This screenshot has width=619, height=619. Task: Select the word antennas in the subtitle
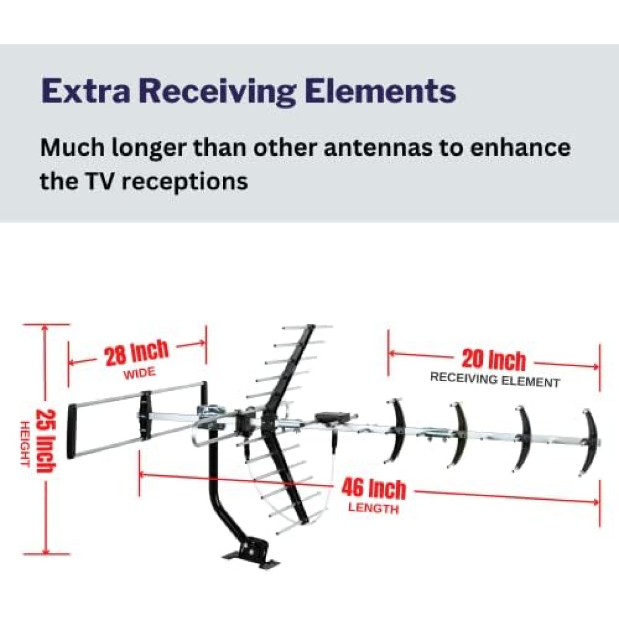379,148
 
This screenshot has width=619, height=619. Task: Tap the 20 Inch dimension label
494,361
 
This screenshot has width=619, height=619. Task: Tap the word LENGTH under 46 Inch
373,509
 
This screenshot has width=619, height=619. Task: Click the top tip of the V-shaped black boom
311,327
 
